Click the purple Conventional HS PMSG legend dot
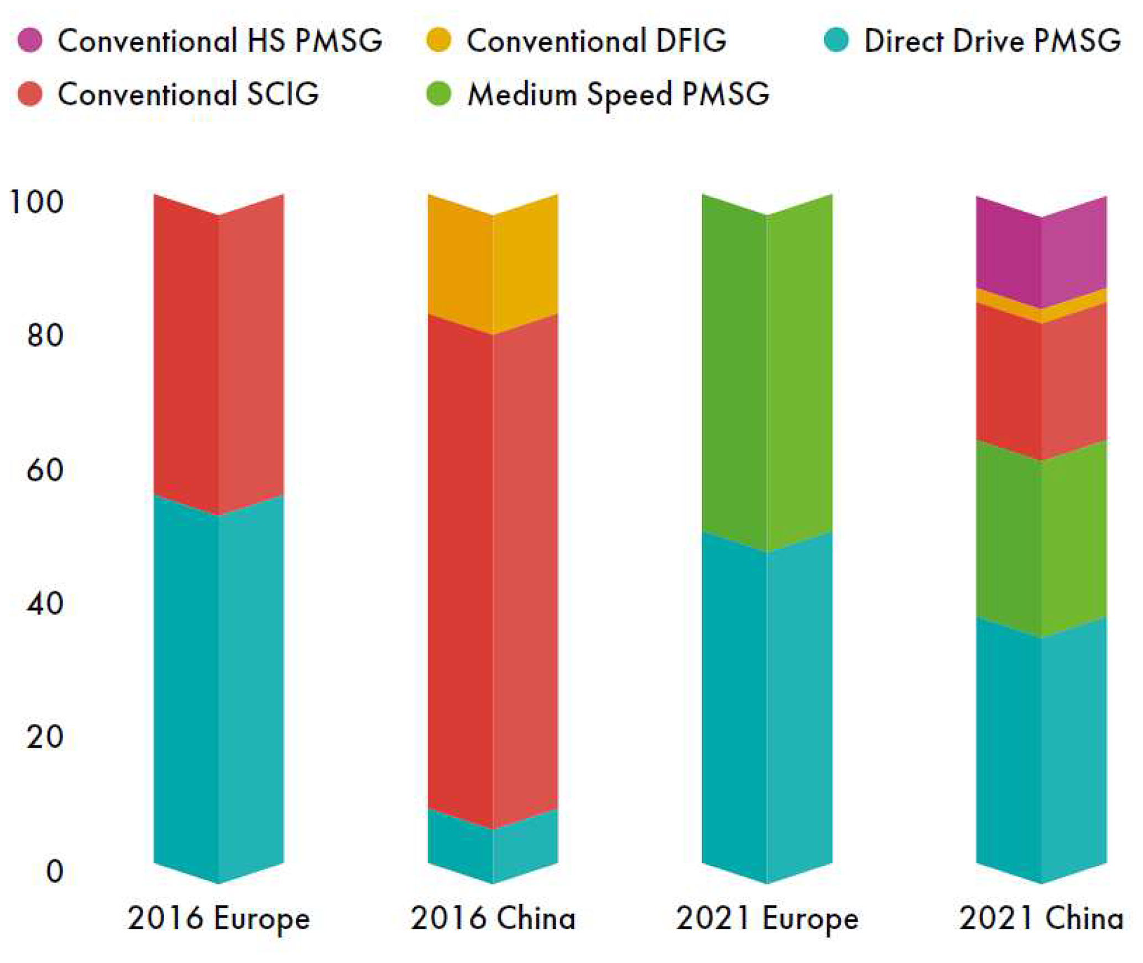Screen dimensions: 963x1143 click(x=30, y=40)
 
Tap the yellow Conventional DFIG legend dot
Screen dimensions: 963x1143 click(x=439, y=40)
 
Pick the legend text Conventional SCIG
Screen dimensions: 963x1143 click(x=188, y=93)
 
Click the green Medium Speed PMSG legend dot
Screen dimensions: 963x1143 click(x=439, y=93)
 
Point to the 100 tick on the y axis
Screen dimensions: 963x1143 click(x=36, y=202)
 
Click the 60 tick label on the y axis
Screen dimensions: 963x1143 click(x=44, y=470)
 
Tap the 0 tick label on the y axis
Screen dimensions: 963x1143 click(x=54, y=871)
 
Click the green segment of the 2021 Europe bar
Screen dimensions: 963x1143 click(x=767, y=376)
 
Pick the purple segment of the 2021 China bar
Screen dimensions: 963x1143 click(x=1041, y=254)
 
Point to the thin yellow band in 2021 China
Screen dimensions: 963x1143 click(x=1041, y=310)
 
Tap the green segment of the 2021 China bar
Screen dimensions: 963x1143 click(x=1041, y=541)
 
